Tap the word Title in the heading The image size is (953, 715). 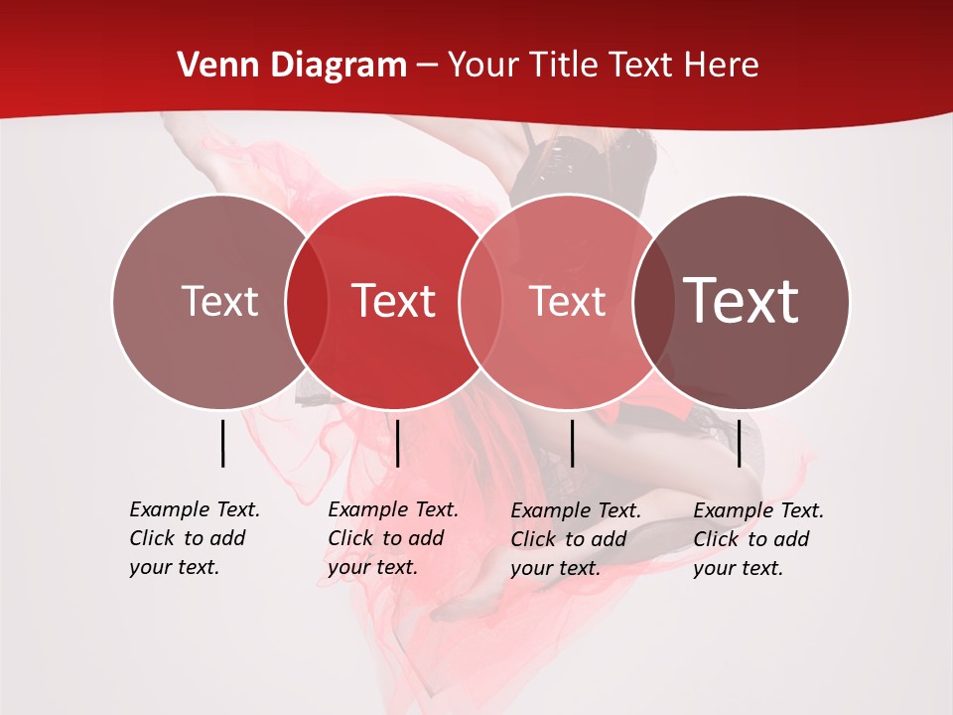click(563, 66)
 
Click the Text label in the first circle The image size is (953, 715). click(219, 301)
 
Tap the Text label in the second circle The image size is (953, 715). click(393, 301)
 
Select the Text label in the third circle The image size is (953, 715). click(567, 301)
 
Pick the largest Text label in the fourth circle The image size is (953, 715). click(742, 301)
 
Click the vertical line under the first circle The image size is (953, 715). click(223, 443)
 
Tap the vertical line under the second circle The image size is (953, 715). click(397, 443)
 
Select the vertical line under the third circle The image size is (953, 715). click(572, 443)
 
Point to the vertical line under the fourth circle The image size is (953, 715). click(740, 443)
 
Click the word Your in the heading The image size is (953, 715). click(482, 66)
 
